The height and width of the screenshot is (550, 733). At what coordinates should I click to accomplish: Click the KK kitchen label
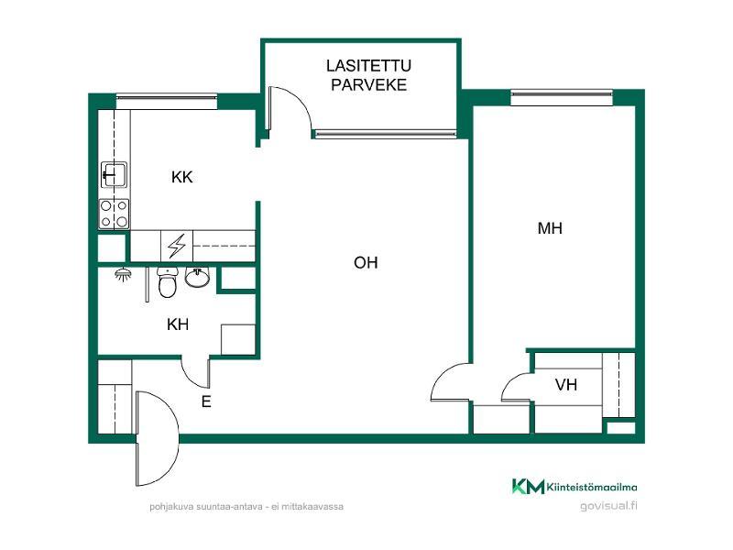tap(181, 177)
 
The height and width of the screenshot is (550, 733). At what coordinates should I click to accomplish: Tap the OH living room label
tap(366, 263)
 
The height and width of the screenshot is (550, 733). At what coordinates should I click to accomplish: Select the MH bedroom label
tap(550, 228)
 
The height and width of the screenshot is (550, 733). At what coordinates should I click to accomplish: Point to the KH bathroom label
tap(178, 324)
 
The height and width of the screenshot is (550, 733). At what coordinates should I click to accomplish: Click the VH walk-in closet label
tap(566, 385)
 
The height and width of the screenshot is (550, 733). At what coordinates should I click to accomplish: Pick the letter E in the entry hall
tap(206, 401)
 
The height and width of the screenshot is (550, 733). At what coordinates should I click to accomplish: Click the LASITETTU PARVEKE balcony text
tap(368, 75)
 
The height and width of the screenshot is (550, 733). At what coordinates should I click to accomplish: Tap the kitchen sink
tap(114, 174)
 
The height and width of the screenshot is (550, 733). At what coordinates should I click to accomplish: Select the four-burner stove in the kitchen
tap(114, 214)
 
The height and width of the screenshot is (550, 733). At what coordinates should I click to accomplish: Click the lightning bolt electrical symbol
tap(177, 246)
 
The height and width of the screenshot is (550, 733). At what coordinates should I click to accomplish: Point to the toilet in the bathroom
tap(167, 282)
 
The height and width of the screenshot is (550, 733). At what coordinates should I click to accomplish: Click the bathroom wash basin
tap(198, 277)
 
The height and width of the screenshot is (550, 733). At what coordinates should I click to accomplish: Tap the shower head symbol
tap(123, 274)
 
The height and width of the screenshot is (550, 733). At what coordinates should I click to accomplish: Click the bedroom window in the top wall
tap(562, 97)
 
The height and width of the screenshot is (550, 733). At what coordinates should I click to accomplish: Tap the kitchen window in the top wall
tap(167, 101)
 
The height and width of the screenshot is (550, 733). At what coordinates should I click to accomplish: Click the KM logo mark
tap(529, 487)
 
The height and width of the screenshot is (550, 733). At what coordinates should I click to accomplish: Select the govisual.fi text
tap(608, 506)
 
